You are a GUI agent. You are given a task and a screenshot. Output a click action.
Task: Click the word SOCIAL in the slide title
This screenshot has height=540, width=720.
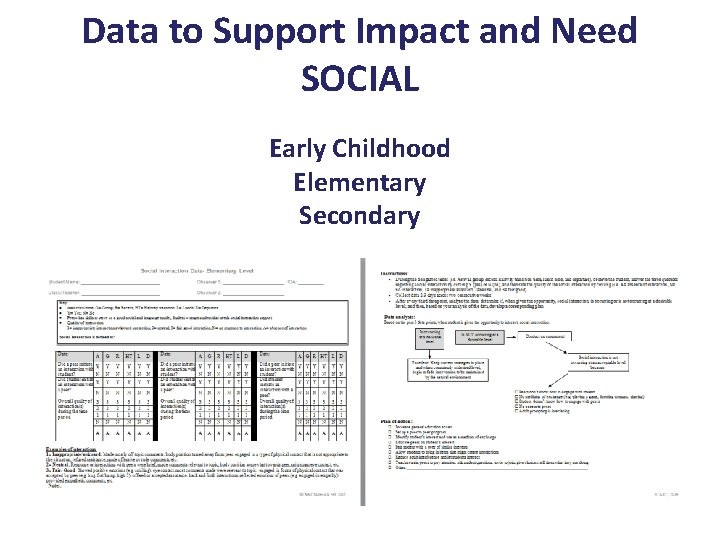(x=359, y=77)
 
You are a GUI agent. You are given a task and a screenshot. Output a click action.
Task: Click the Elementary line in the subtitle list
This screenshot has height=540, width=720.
(x=359, y=182)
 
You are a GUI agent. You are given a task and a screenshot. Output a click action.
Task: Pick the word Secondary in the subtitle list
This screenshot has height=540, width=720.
(x=359, y=215)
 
